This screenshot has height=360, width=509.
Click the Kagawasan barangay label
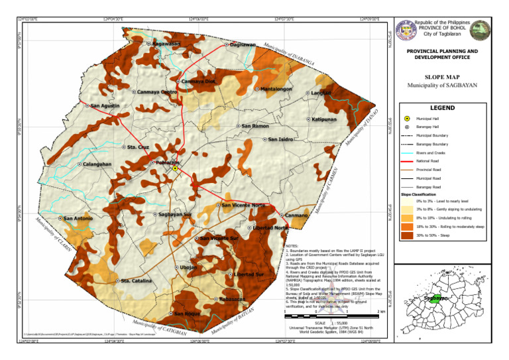point(166,44)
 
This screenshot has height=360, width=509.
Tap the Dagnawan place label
point(243,44)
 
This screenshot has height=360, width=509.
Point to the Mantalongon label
point(276,89)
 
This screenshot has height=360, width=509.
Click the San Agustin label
point(105,105)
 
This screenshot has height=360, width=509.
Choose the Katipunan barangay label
point(324,119)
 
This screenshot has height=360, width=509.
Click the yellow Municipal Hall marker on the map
point(174,169)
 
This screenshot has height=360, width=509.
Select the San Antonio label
point(78,217)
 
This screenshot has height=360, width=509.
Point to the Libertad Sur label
point(249,274)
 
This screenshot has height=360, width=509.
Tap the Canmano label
point(297,215)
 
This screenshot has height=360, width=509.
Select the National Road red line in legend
point(406,161)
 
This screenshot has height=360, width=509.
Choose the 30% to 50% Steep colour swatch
point(406,235)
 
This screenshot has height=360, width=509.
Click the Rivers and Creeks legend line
point(406,152)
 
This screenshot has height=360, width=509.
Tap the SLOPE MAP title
point(442,77)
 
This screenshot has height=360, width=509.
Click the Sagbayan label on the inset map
point(436,298)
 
